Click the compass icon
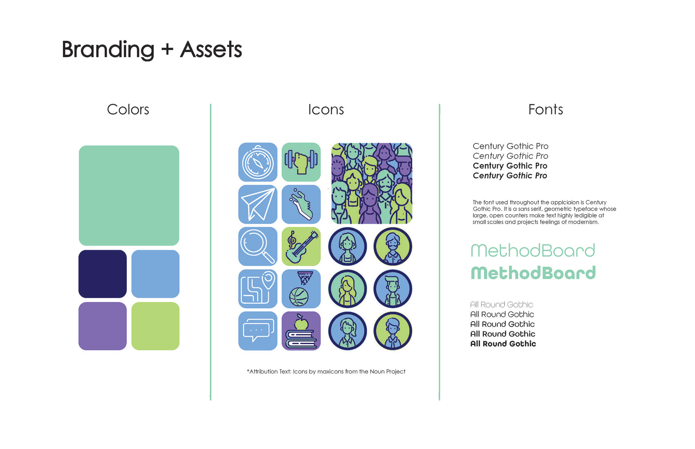258,162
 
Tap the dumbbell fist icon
301,162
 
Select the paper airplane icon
258,204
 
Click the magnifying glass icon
258,247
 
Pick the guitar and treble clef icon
301,247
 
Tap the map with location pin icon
258,289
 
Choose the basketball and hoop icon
301,289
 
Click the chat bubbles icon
258,331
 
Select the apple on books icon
301,331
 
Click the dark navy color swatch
102,274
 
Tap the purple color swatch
102,326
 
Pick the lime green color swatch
155,326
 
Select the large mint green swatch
129,196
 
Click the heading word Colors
128,110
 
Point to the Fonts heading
546,110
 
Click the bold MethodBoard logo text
533,273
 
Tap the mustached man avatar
393,247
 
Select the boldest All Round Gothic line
503,344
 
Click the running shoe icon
301,204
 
